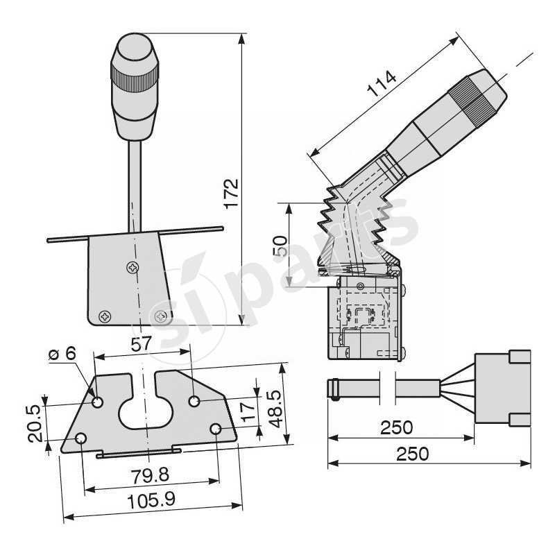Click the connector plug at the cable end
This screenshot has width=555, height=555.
click(x=503, y=388)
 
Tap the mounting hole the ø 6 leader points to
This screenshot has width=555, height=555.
click(x=97, y=402)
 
